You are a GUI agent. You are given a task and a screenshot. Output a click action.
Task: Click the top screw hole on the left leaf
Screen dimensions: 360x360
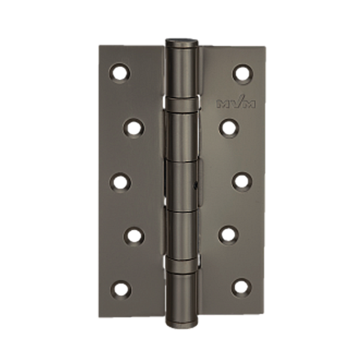coord(119,73)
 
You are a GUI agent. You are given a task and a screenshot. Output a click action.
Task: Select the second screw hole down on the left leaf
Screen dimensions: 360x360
coord(134,128)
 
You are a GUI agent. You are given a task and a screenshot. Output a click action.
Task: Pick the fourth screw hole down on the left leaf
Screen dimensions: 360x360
coord(134,236)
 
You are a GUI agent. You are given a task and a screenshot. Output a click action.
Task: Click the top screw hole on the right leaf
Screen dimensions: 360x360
coord(243,74)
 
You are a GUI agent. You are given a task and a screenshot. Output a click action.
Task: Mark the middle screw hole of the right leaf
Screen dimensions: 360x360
coord(242,181)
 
